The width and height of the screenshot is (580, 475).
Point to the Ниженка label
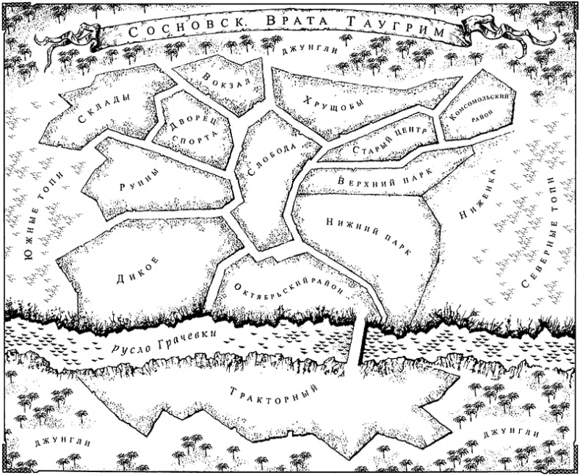[480, 195]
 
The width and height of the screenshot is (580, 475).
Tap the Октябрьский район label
[289, 284]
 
